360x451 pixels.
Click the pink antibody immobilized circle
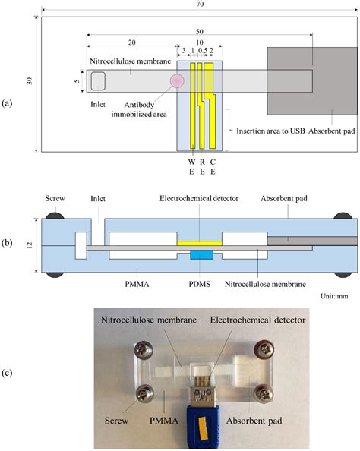click(x=177, y=80)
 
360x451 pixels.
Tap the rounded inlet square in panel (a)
click(x=98, y=80)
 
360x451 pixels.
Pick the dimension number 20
click(x=132, y=42)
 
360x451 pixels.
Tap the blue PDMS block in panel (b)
click(x=200, y=256)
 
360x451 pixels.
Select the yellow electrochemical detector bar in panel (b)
click(x=199, y=243)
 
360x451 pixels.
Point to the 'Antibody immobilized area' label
click(x=137, y=109)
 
